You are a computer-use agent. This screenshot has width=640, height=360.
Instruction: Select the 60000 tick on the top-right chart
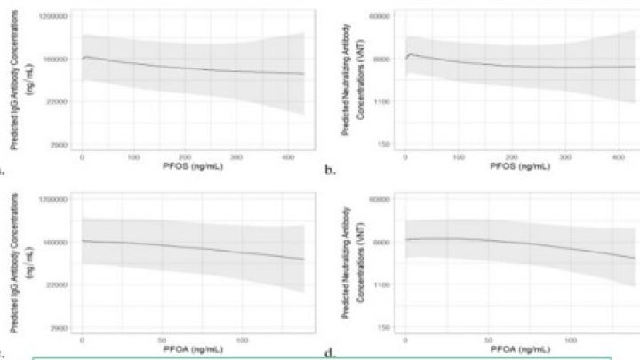pos(380,17)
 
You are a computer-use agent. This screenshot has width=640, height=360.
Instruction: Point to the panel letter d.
pos(329,353)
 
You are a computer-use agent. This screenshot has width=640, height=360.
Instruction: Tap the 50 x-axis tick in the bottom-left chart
pos(162,340)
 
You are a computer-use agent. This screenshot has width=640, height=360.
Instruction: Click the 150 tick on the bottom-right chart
pos(386,327)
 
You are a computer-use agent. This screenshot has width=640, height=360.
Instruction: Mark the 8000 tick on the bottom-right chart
pos(383,242)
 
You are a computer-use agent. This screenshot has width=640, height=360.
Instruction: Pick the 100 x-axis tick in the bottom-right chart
pos(572,340)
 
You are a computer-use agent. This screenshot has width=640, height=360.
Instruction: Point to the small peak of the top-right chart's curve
pos(411,54)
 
